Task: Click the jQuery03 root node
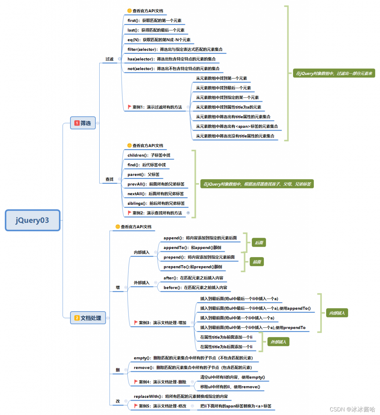coord(32,220)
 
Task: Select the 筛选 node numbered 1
coord(83,123)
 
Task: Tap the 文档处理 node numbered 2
coord(88,317)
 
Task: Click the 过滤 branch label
coord(109,59)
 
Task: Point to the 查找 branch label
coord(109,179)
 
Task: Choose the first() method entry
coord(154,20)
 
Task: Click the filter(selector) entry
coord(175,49)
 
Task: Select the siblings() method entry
coord(156,203)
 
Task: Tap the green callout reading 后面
coord(259,243)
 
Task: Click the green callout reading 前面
coord(257,262)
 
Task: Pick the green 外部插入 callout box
coord(278,342)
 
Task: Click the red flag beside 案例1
coord(129,107)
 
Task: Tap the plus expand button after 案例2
coord(188,213)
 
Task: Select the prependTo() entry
coord(192,267)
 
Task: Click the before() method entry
coord(195,287)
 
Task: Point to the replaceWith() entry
coord(180,396)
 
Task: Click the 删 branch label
coord(117,370)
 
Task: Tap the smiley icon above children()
coord(129,145)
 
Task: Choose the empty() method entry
coord(193,358)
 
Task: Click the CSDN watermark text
coord(352,409)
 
